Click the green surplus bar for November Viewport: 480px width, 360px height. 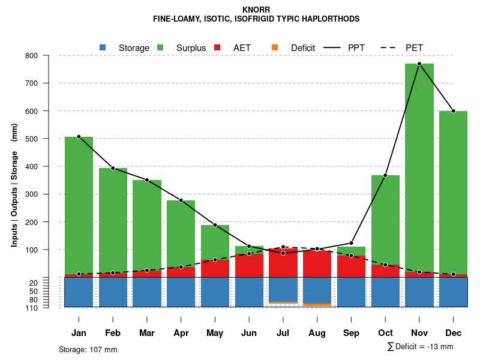point(419,168)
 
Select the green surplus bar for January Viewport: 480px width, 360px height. point(79,204)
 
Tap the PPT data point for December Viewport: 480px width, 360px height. point(453,111)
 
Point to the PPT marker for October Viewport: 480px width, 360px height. point(385,175)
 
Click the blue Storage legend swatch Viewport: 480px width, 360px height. point(103,47)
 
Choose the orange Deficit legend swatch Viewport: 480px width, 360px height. point(275,47)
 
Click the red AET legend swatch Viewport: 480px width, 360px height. point(218,47)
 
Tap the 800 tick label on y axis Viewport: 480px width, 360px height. point(49,56)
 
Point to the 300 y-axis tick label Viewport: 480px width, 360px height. point(49,194)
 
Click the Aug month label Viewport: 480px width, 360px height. point(317,333)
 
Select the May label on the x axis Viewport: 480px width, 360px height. point(215,333)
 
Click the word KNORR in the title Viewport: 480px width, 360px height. point(256,10)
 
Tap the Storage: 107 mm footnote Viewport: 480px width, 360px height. point(88,349)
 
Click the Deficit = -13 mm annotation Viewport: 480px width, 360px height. point(420,347)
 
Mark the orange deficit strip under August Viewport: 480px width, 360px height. point(317,305)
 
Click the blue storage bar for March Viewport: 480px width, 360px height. point(147,292)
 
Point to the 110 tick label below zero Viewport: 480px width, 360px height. point(49,308)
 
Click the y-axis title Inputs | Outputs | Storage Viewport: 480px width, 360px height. point(14,185)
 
